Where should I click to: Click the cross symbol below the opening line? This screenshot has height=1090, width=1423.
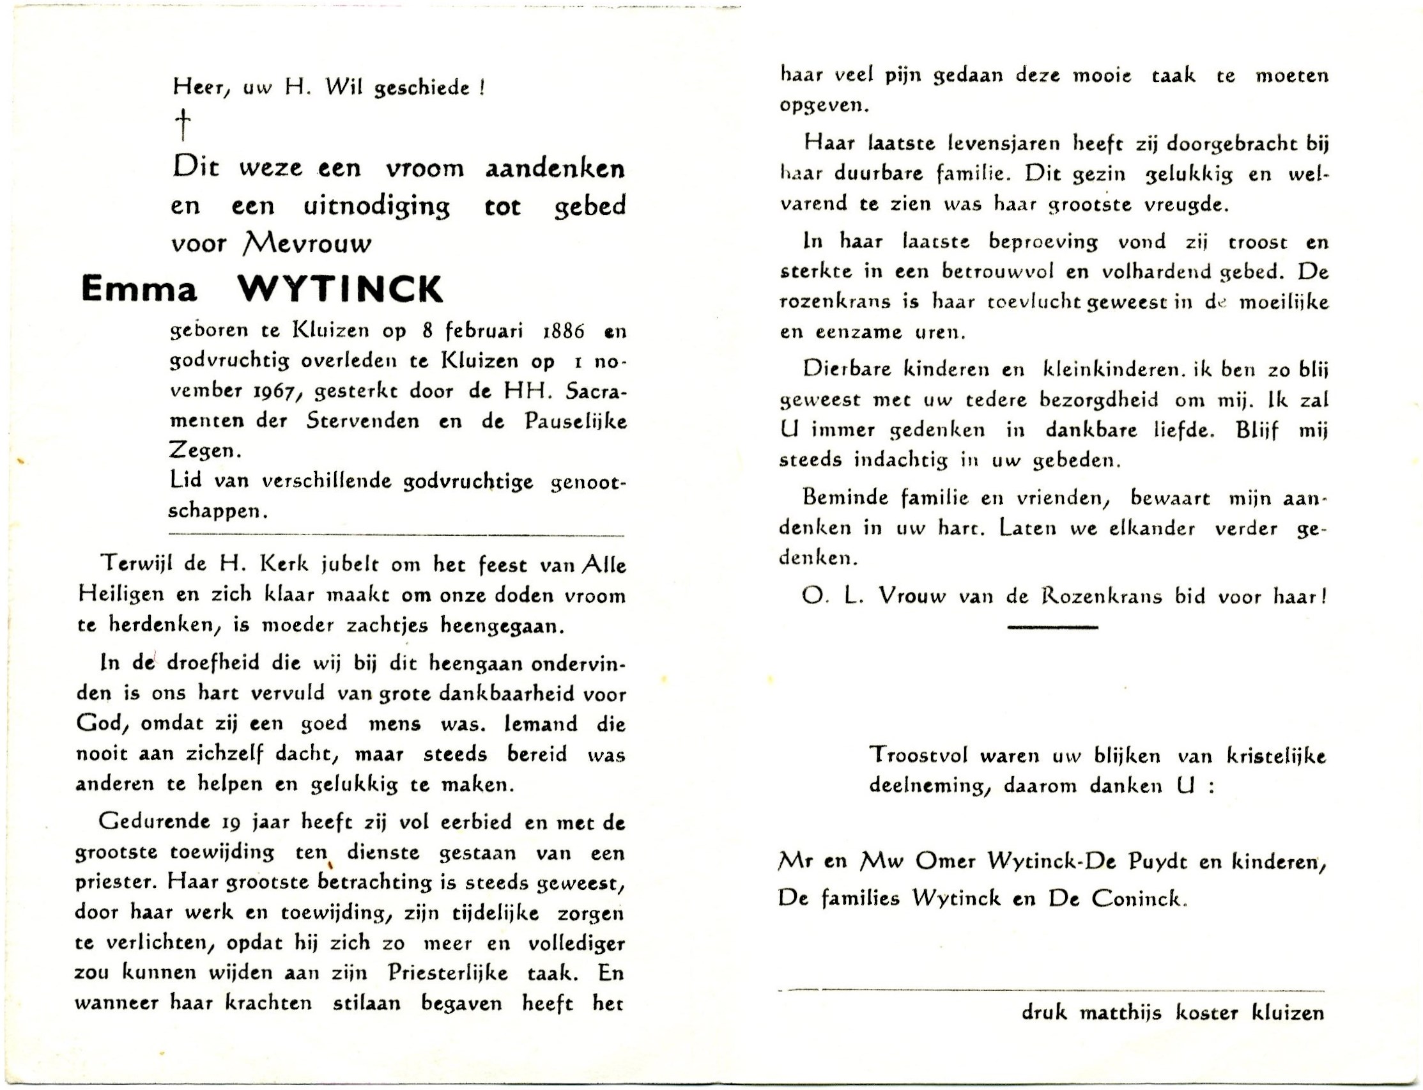pyautogui.click(x=183, y=125)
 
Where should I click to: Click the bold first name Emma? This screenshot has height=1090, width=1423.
pyautogui.click(x=139, y=290)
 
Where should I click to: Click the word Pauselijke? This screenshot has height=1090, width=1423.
pyautogui.click(x=573, y=421)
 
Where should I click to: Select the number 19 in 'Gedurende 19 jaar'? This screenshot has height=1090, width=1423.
pyautogui.click(x=231, y=823)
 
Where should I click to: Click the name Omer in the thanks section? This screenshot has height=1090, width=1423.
pyautogui.click(x=946, y=862)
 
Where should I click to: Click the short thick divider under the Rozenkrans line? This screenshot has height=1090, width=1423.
pyautogui.click(x=1052, y=627)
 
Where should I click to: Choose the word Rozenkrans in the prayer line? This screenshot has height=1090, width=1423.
pyautogui.click(x=1101, y=596)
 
